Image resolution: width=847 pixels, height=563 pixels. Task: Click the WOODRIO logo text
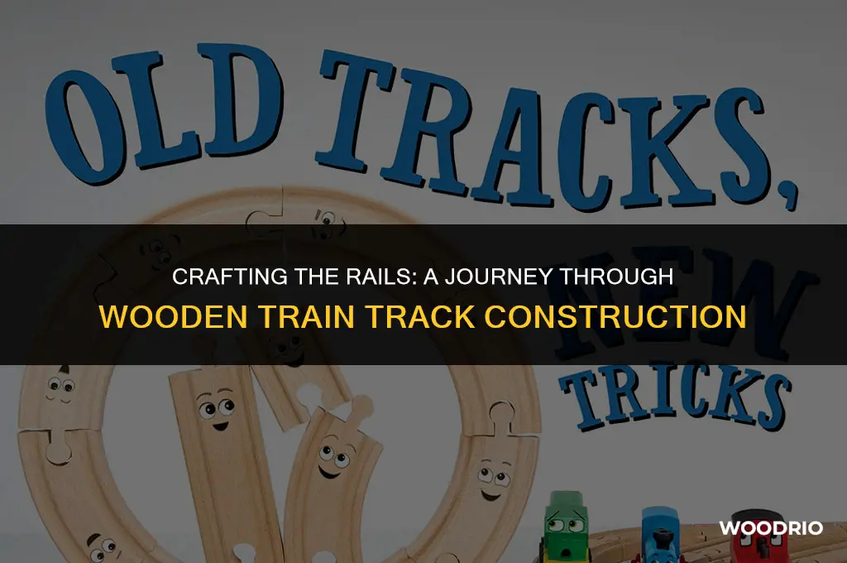771,527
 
